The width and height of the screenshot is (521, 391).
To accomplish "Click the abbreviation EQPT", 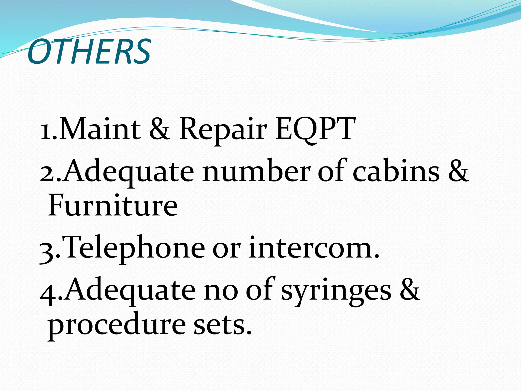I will point(315,130).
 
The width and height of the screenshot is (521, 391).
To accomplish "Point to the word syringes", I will point(336,291).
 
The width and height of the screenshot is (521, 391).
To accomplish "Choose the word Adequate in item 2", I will point(128,172).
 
